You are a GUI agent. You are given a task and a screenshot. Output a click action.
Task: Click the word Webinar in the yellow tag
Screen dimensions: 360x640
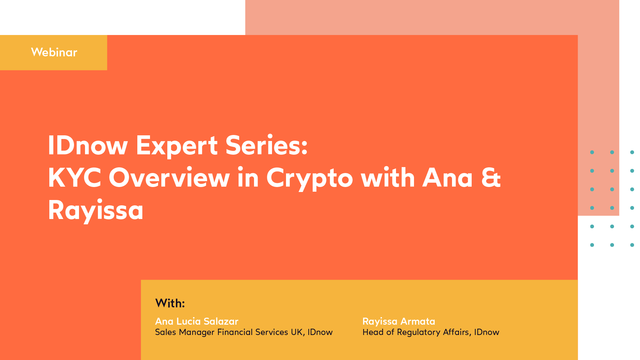click(54, 52)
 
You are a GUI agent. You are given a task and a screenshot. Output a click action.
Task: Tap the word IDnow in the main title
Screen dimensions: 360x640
click(88, 146)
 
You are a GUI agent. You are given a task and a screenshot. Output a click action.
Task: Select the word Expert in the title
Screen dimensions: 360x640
click(177, 146)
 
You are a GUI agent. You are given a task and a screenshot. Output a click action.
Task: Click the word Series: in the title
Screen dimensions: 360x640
click(266, 146)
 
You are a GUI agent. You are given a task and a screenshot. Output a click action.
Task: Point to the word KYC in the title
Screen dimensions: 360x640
click(74, 178)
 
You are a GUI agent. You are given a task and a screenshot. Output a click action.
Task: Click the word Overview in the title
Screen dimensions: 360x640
click(169, 178)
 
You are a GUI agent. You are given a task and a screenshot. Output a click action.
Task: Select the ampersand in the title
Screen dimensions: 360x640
click(491, 178)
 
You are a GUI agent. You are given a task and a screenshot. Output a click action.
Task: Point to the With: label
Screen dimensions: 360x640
click(170, 303)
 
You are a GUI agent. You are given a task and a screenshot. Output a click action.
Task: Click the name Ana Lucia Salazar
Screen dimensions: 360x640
click(197, 321)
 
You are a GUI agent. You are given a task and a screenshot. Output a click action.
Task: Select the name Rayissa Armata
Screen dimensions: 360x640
click(399, 321)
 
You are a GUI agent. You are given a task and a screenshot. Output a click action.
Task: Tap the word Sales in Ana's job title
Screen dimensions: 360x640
click(165, 332)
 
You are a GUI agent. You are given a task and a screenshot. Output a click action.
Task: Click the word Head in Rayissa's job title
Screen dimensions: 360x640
click(373, 332)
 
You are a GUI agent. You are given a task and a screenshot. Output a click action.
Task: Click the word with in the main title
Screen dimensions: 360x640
click(388, 178)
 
